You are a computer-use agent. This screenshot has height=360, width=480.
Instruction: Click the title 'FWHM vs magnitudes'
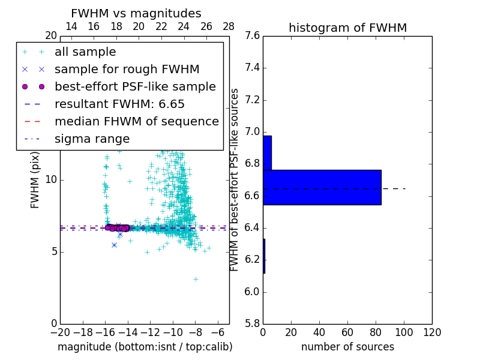[136, 14]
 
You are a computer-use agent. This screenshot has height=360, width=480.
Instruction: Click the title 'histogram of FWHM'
[347, 28]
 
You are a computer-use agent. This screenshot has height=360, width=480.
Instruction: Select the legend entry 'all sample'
[85, 52]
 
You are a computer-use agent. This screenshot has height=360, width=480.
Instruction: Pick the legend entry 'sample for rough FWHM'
[127, 70]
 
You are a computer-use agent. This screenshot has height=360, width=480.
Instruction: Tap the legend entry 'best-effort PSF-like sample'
[135, 87]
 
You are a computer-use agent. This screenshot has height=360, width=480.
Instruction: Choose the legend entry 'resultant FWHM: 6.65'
[119, 104]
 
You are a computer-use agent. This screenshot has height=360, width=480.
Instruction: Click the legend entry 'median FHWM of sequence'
[136, 122]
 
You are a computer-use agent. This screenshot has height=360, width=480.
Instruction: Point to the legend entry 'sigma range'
[92, 139]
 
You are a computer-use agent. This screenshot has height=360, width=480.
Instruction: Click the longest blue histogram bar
[322, 187]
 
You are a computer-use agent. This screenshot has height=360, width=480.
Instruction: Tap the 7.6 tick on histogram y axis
[253, 36]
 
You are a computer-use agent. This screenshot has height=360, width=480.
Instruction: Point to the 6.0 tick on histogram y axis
[253, 292]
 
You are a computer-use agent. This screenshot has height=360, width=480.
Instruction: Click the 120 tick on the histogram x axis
[432, 332]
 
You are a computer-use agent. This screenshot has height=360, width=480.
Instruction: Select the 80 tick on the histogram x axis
[376, 332]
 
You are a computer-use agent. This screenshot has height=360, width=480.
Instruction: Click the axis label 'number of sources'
[347, 347]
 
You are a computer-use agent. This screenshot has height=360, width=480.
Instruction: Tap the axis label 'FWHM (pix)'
[35, 180]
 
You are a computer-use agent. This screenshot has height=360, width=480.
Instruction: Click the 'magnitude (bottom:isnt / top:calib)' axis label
[145, 347]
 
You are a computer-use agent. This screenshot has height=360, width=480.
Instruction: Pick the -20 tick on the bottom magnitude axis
[60, 332]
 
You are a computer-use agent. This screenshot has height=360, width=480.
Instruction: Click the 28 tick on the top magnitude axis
[229, 26]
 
